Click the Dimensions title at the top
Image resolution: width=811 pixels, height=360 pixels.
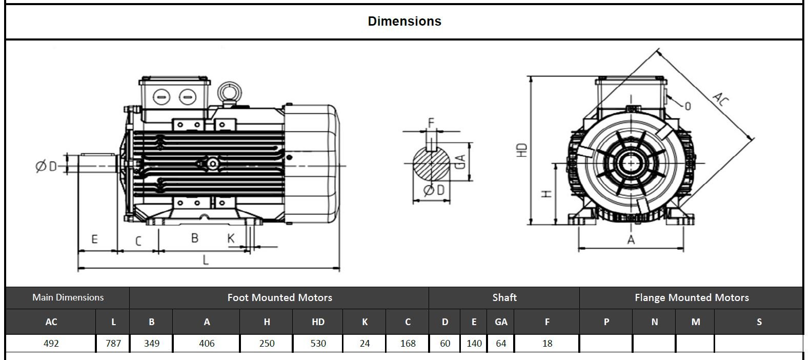coord(404,22)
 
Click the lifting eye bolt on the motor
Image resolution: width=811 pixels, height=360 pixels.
coord(229,93)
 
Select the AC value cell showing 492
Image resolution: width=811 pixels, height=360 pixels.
coord(51,344)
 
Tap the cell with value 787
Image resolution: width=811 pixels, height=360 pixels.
coord(113,344)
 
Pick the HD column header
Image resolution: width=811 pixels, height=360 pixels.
coord(318,322)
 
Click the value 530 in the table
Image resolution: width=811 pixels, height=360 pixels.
coord(318,344)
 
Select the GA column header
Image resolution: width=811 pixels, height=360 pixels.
coord(501,322)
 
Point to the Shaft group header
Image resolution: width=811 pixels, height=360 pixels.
coord(504,297)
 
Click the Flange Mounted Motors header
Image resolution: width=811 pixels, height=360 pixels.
coord(691,297)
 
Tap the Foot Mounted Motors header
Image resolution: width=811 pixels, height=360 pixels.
coord(279,297)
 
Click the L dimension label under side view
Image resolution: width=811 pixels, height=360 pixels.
coord(206,260)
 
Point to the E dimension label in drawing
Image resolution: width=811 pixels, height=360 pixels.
coord(94,239)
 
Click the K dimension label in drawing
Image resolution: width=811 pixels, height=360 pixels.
coord(231,238)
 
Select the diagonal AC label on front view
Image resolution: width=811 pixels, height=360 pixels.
coord(720,99)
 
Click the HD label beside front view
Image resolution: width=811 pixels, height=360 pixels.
coord(522,150)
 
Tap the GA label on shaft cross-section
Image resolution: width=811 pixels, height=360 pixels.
coord(460,162)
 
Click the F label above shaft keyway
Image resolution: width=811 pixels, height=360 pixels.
coord(431,123)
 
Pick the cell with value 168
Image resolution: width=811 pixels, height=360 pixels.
coord(408,344)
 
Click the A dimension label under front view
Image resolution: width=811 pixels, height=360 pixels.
coord(631,240)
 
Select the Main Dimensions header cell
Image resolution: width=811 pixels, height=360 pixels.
coord(68,297)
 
